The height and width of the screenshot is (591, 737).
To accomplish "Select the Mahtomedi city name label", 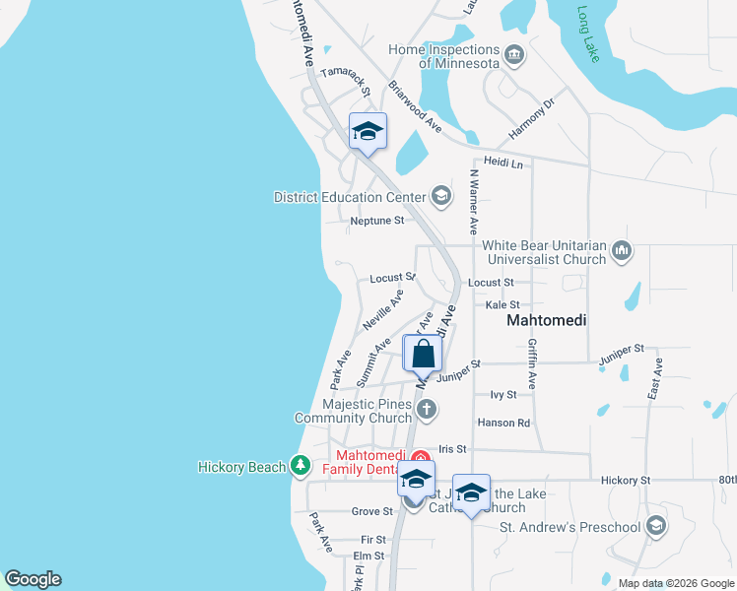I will click(546, 321).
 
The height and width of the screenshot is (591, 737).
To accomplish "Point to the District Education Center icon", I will click(441, 197).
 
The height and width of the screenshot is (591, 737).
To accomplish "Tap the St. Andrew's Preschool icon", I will click(657, 526).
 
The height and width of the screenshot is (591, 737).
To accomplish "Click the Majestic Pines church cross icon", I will click(426, 408).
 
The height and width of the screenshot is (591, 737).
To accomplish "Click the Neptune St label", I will click(377, 221).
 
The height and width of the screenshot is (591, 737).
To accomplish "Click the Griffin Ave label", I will click(532, 363).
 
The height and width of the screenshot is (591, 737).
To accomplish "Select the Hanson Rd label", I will click(503, 423).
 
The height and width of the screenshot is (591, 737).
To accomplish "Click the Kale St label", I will click(502, 305).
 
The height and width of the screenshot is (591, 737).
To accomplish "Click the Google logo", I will click(33, 579).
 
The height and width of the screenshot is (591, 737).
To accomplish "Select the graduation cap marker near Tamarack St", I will click(368, 132).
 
